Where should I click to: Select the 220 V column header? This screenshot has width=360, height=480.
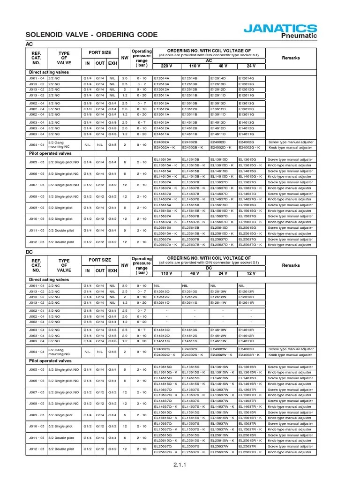click(x=167, y=66)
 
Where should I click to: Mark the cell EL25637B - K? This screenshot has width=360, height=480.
click(x=194, y=244)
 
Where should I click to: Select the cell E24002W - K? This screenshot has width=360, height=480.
click(x=221, y=355)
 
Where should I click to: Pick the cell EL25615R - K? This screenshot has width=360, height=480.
click(x=250, y=441)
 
